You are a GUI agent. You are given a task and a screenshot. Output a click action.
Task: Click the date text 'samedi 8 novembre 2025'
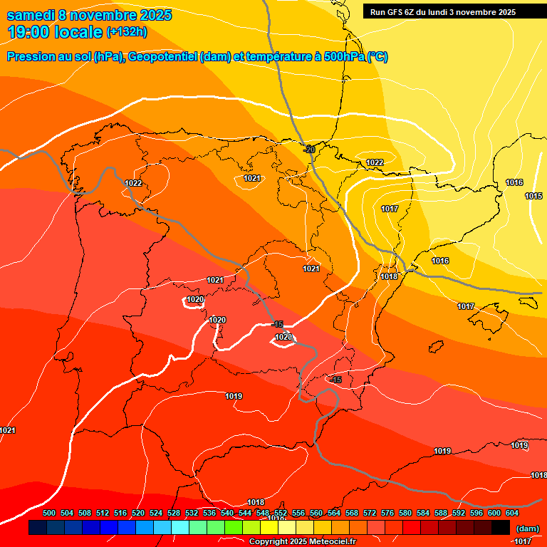[89, 15]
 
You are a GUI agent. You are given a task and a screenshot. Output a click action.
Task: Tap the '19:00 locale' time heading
[55, 31]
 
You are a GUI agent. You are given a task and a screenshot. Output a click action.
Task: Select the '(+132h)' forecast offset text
[127, 32]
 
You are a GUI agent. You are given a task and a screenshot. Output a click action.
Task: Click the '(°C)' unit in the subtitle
[377, 57]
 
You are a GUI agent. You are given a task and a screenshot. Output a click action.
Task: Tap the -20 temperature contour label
[309, 149]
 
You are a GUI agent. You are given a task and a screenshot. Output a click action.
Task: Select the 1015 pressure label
[533, 196]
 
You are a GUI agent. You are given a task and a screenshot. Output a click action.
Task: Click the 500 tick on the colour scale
[49, 513]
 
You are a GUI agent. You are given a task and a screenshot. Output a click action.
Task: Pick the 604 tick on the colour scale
[512, 513]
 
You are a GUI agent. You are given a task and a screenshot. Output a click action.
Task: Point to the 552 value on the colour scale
[281, 513]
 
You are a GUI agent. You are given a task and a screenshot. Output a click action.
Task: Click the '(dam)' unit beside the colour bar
[527, 528]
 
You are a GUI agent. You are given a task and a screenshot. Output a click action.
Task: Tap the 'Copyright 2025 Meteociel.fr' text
[302, 541]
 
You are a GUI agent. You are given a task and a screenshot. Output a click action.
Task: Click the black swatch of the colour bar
[501, 528]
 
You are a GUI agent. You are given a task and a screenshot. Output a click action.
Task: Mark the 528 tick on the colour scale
[174, 513]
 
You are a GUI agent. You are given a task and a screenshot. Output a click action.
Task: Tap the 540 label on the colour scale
[227, 513]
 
